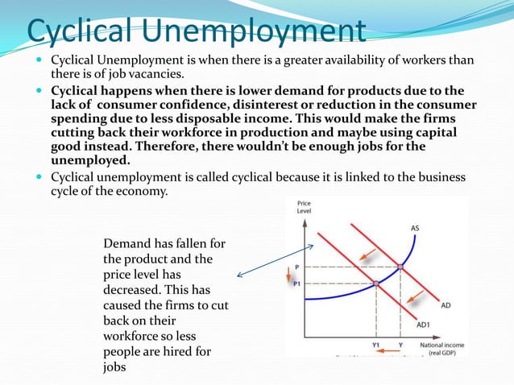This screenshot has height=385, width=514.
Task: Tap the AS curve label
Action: click(x=415, y=228)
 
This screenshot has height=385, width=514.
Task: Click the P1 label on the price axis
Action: click(x=296, y=284)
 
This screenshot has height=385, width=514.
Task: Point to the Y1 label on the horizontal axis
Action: click(x=375, y=345)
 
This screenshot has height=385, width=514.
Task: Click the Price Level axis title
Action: click(x=304, y=208)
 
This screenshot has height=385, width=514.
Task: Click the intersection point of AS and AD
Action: click(x=400, y=267)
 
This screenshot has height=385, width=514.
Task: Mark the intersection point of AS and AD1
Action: click(x=375, y=284)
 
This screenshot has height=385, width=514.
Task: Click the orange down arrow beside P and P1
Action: click(x=288, y=275)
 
